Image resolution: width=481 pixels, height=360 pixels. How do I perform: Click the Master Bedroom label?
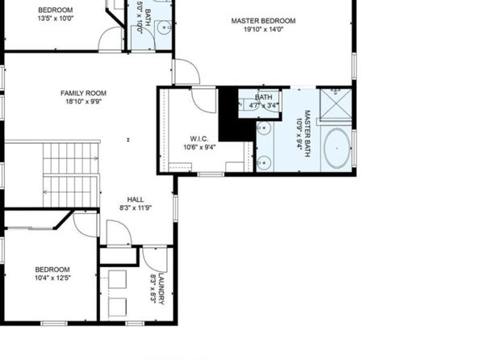pyautogui.click(x=263, y=21)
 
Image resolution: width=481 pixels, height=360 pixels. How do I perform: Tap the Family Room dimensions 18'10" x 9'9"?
pyautogui.click(x=83, y=101)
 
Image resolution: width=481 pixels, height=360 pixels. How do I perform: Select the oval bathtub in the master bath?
pyautogui.click(x=337, y=149)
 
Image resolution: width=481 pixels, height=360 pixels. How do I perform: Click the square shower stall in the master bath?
pyautogui.click(x=336, y=104)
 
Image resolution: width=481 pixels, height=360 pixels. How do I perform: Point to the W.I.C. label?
pyautogui.click(x=199, y=139)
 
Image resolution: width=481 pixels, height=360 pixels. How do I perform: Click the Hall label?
pyautogui.click(x=136, y=199)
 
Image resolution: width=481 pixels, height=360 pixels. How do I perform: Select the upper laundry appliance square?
pyautogui.click(x=117, y=279)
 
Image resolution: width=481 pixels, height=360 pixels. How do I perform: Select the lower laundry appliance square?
pyautogui.click(x=117, y=307)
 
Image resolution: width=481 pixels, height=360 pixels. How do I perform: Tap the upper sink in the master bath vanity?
pyautogui.click(x=264, y=128)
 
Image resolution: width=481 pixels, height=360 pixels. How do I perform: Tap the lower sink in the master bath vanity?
pyautogui.click(x=264, y=162)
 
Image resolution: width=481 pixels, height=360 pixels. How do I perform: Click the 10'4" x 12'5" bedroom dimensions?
pyautogui.click(x=52, y=278)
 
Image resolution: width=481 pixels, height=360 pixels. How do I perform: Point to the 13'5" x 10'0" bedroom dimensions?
pyautogui.click(x=56, y=18)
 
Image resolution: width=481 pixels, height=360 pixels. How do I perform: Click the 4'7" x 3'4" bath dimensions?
pyautogui.click(x=264, y=106)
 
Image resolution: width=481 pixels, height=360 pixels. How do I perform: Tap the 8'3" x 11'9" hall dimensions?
pyautogui.click(x=136, y=207)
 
